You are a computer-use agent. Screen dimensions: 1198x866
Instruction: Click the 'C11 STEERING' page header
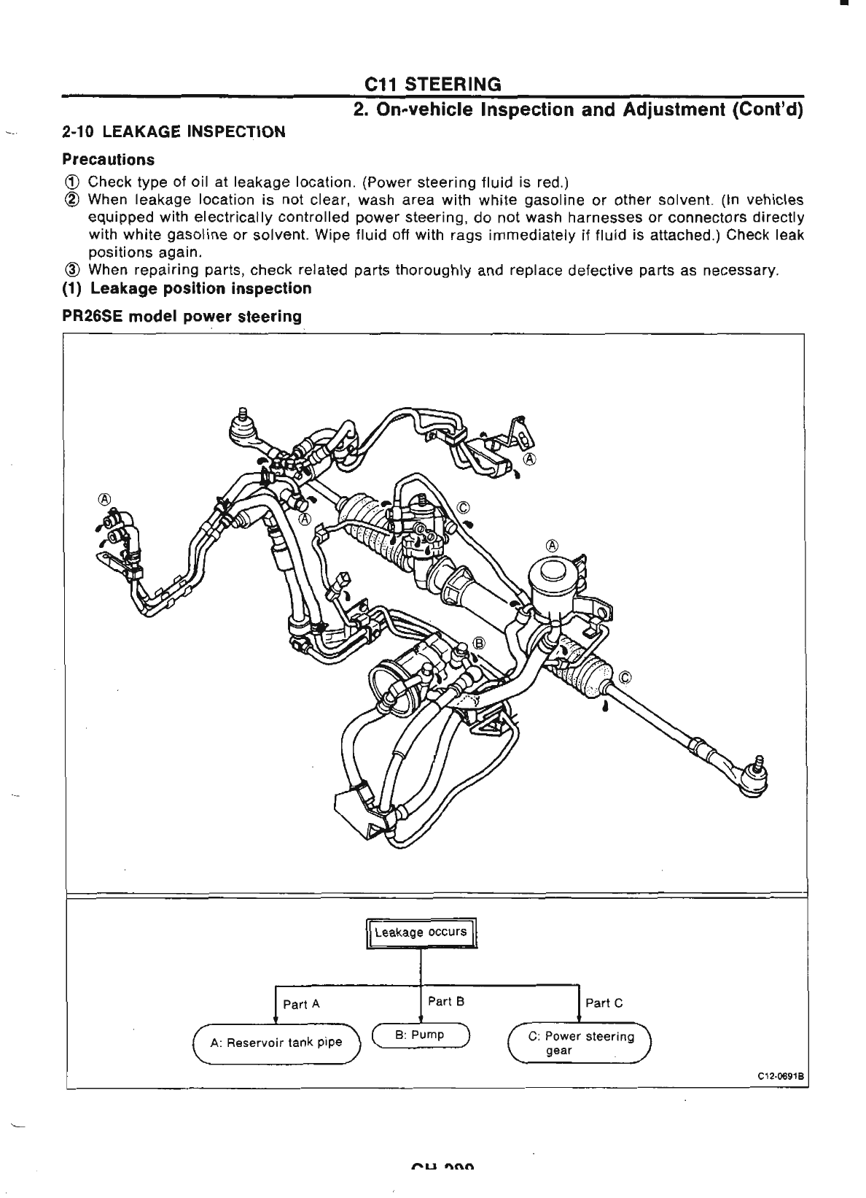[x=433, y=85]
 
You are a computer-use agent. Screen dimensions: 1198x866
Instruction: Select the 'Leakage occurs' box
[x=421, y=933]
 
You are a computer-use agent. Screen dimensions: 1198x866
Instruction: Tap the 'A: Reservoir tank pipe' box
[x=276, y=1043]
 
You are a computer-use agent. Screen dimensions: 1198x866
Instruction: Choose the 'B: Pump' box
[x=421, y=1035]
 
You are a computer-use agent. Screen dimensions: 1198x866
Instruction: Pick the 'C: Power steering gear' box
[x=580, y=1043]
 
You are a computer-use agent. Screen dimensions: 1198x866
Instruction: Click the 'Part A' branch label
[x=301, y=1004]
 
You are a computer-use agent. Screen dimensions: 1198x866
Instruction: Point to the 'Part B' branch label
[x=446, y=1001]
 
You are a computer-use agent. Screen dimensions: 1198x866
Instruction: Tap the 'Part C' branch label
[x=604, y=1002]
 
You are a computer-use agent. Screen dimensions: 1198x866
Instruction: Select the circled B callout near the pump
[x=479, y=643]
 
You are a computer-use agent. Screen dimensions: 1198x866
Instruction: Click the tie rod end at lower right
[x=751, y=777]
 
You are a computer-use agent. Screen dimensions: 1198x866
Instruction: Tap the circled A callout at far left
[x=105, y=499]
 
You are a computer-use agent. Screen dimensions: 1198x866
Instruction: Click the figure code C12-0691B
[x=780, y=1076]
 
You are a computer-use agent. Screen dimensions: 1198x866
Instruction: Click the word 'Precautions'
[x=108, y=159]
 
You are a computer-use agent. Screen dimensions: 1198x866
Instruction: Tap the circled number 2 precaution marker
[x=73, y=200]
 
